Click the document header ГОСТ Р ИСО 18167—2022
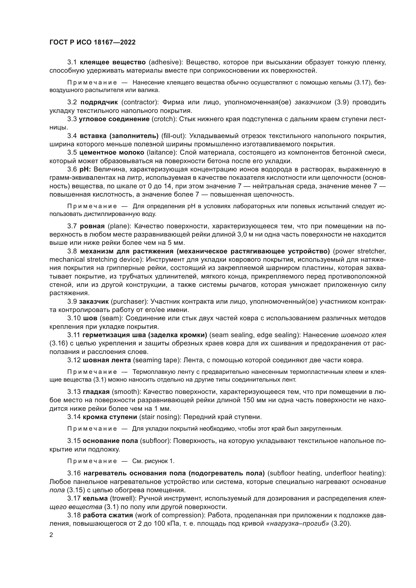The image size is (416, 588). tap(93, 42)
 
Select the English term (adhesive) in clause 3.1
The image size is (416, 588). tap(165, 62)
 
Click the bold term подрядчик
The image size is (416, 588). tap(99, 102)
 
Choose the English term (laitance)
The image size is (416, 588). tap(162, 153)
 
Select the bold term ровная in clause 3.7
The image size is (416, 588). tap(92, 226)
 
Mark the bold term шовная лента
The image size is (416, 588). tap(107, 360)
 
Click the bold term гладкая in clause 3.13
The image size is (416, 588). tap(96, 392)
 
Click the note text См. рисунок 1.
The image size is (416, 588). tap(153, 461)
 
